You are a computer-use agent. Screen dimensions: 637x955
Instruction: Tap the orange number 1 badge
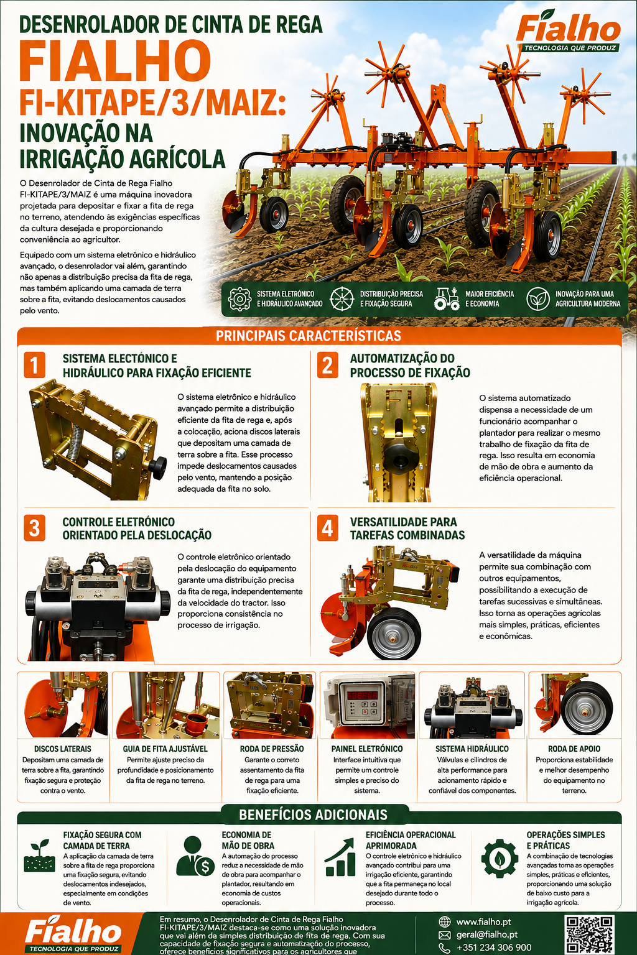click(35, 364)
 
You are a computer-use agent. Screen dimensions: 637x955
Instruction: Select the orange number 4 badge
click(327, 527)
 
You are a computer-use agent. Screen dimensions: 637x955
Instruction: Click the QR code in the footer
click(589, 935)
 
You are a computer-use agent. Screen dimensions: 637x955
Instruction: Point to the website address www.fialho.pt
click(483, 922)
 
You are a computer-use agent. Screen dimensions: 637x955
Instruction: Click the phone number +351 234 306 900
click(494, 948)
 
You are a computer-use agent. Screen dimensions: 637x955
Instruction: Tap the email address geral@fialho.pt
click(487, 934)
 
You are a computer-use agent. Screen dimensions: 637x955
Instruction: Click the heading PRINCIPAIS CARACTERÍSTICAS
click(308, 336)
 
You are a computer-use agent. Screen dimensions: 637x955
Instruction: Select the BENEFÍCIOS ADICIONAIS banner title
click(313, 814)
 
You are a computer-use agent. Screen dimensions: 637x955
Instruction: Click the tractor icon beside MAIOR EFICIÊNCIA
click(446, 298)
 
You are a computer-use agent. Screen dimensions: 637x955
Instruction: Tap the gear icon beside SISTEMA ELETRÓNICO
click(239, 299)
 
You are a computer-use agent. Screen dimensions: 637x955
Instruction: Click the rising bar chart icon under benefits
click(340, 857)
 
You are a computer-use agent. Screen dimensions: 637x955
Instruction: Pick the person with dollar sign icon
click(195, 856)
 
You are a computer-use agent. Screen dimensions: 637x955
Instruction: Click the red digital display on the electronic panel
click(362, 695)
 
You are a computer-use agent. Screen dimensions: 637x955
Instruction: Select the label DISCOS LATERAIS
click(63, 749)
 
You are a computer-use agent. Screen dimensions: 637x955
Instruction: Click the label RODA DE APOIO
click(574, 749)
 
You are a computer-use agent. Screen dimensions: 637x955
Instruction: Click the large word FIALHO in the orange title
click(115, 60)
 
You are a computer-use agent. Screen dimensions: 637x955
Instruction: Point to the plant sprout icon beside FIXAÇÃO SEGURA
click(39, 856)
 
